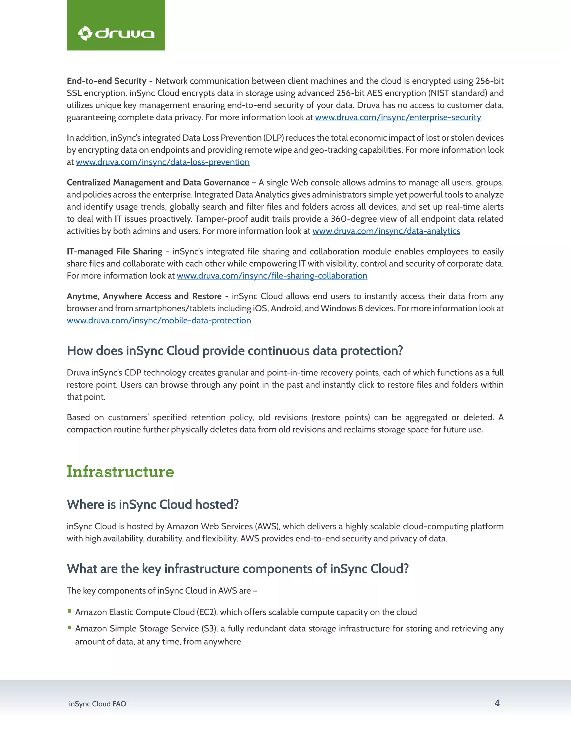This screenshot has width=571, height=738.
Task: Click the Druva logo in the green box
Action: [116, 33]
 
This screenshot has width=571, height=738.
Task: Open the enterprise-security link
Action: [398, 118]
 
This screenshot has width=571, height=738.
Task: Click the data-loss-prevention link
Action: [163, 162]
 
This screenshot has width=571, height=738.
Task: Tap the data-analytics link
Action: [386, 231]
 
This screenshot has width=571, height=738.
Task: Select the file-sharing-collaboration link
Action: [272, 276]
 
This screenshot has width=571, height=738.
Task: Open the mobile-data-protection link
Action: [159, 321]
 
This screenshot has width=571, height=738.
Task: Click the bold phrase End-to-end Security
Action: [107, 81]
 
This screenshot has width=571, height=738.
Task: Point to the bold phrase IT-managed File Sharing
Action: [114, 252]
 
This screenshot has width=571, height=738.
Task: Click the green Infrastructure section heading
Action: [120, 471]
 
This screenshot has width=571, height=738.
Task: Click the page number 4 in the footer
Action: [497, 703]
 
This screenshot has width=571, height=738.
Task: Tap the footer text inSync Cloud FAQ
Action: [97, 704]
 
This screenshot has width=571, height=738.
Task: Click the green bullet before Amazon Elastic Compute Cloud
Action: [69, 611]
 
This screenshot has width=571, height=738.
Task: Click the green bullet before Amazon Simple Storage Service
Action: [69, 627]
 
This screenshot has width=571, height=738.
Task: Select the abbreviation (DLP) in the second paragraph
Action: [274, 138]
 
